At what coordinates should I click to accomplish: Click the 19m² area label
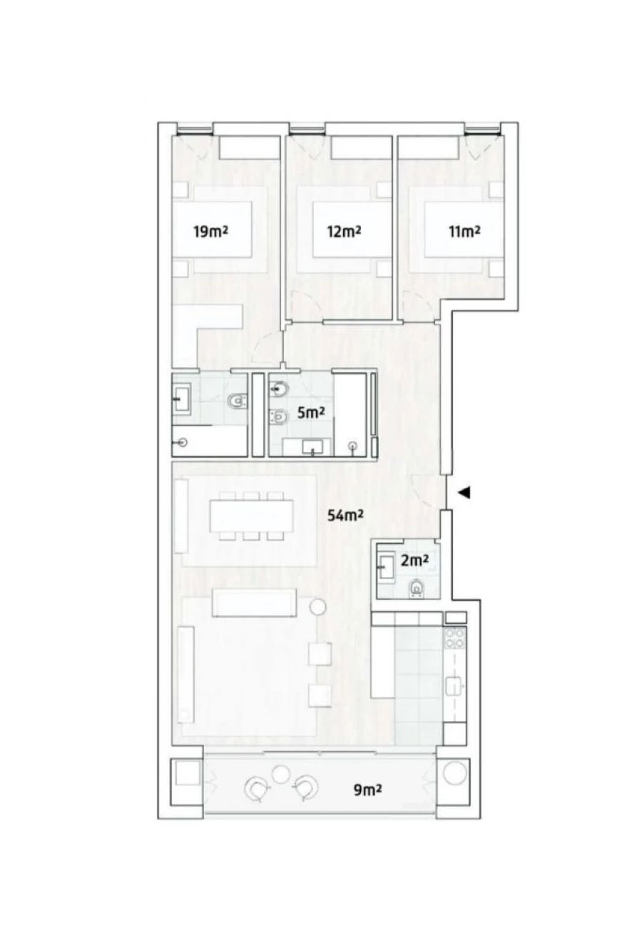click(210, 231)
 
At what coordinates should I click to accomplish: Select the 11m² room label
click(464, 231)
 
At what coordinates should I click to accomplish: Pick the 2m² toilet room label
click(414, 561)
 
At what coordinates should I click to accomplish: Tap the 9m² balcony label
click(368, 790)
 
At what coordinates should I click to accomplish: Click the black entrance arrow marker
click(464, 492)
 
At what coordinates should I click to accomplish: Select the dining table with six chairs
click(252, 516)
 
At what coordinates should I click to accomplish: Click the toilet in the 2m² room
click(417, 588)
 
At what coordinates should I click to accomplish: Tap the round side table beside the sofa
click(317, 608)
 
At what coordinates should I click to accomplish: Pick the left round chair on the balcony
click(255, 788)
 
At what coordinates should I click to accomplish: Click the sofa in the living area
click(255, 603)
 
